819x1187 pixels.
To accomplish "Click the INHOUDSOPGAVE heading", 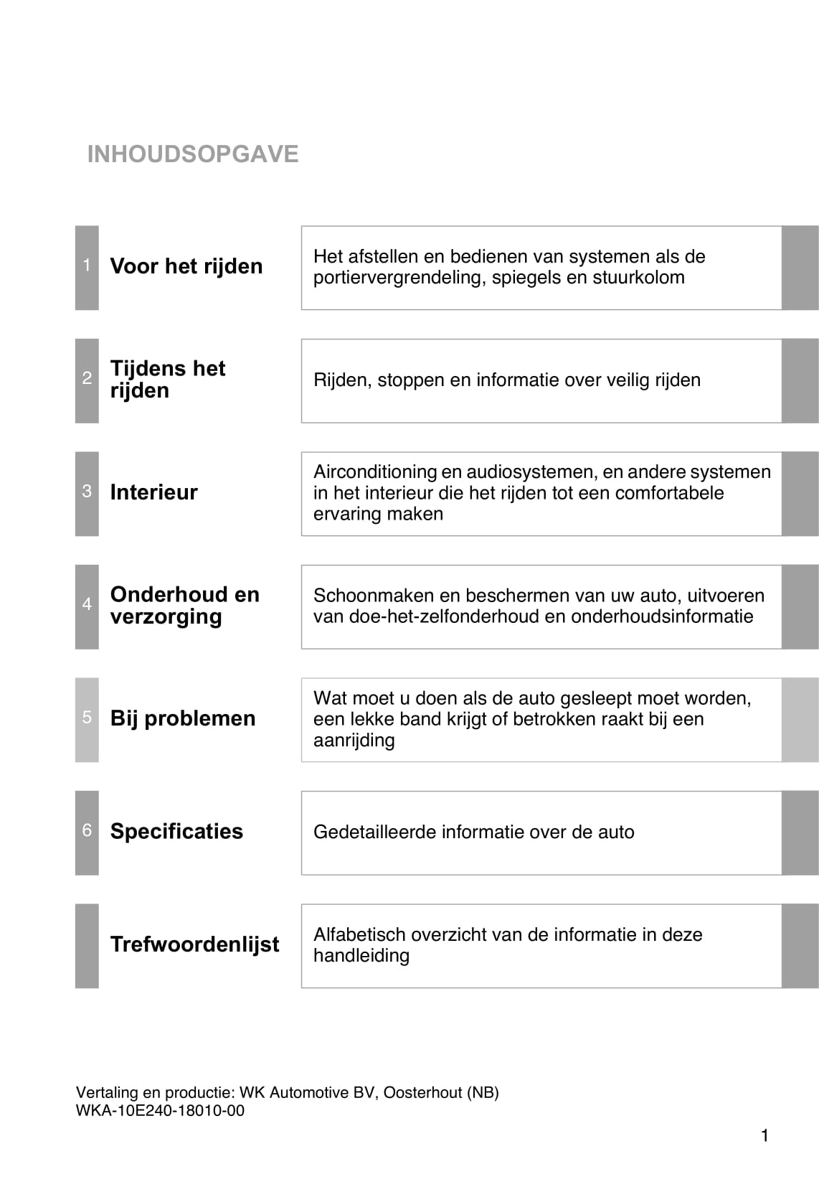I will point(192,154).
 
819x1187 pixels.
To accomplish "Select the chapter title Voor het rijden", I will point(186,266).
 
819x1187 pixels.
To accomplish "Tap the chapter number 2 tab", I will point(87,380).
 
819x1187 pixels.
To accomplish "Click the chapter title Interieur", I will point(153,492).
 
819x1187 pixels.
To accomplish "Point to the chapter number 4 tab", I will point(87,606).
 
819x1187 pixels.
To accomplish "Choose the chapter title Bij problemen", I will point(183,718).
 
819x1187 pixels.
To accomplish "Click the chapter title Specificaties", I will point(176,831).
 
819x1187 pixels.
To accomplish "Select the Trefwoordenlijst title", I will point(194,944).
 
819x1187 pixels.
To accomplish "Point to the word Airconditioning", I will point(375,472).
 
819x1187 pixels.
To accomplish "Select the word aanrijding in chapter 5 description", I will point(354,740).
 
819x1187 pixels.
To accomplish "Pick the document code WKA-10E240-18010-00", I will point(160,1111).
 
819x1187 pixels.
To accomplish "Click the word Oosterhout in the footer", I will point(422,1093).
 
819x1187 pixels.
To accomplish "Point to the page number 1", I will point(764,1135).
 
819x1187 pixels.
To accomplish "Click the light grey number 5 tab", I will point(87,718).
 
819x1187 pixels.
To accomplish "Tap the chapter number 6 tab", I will point(87,831).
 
